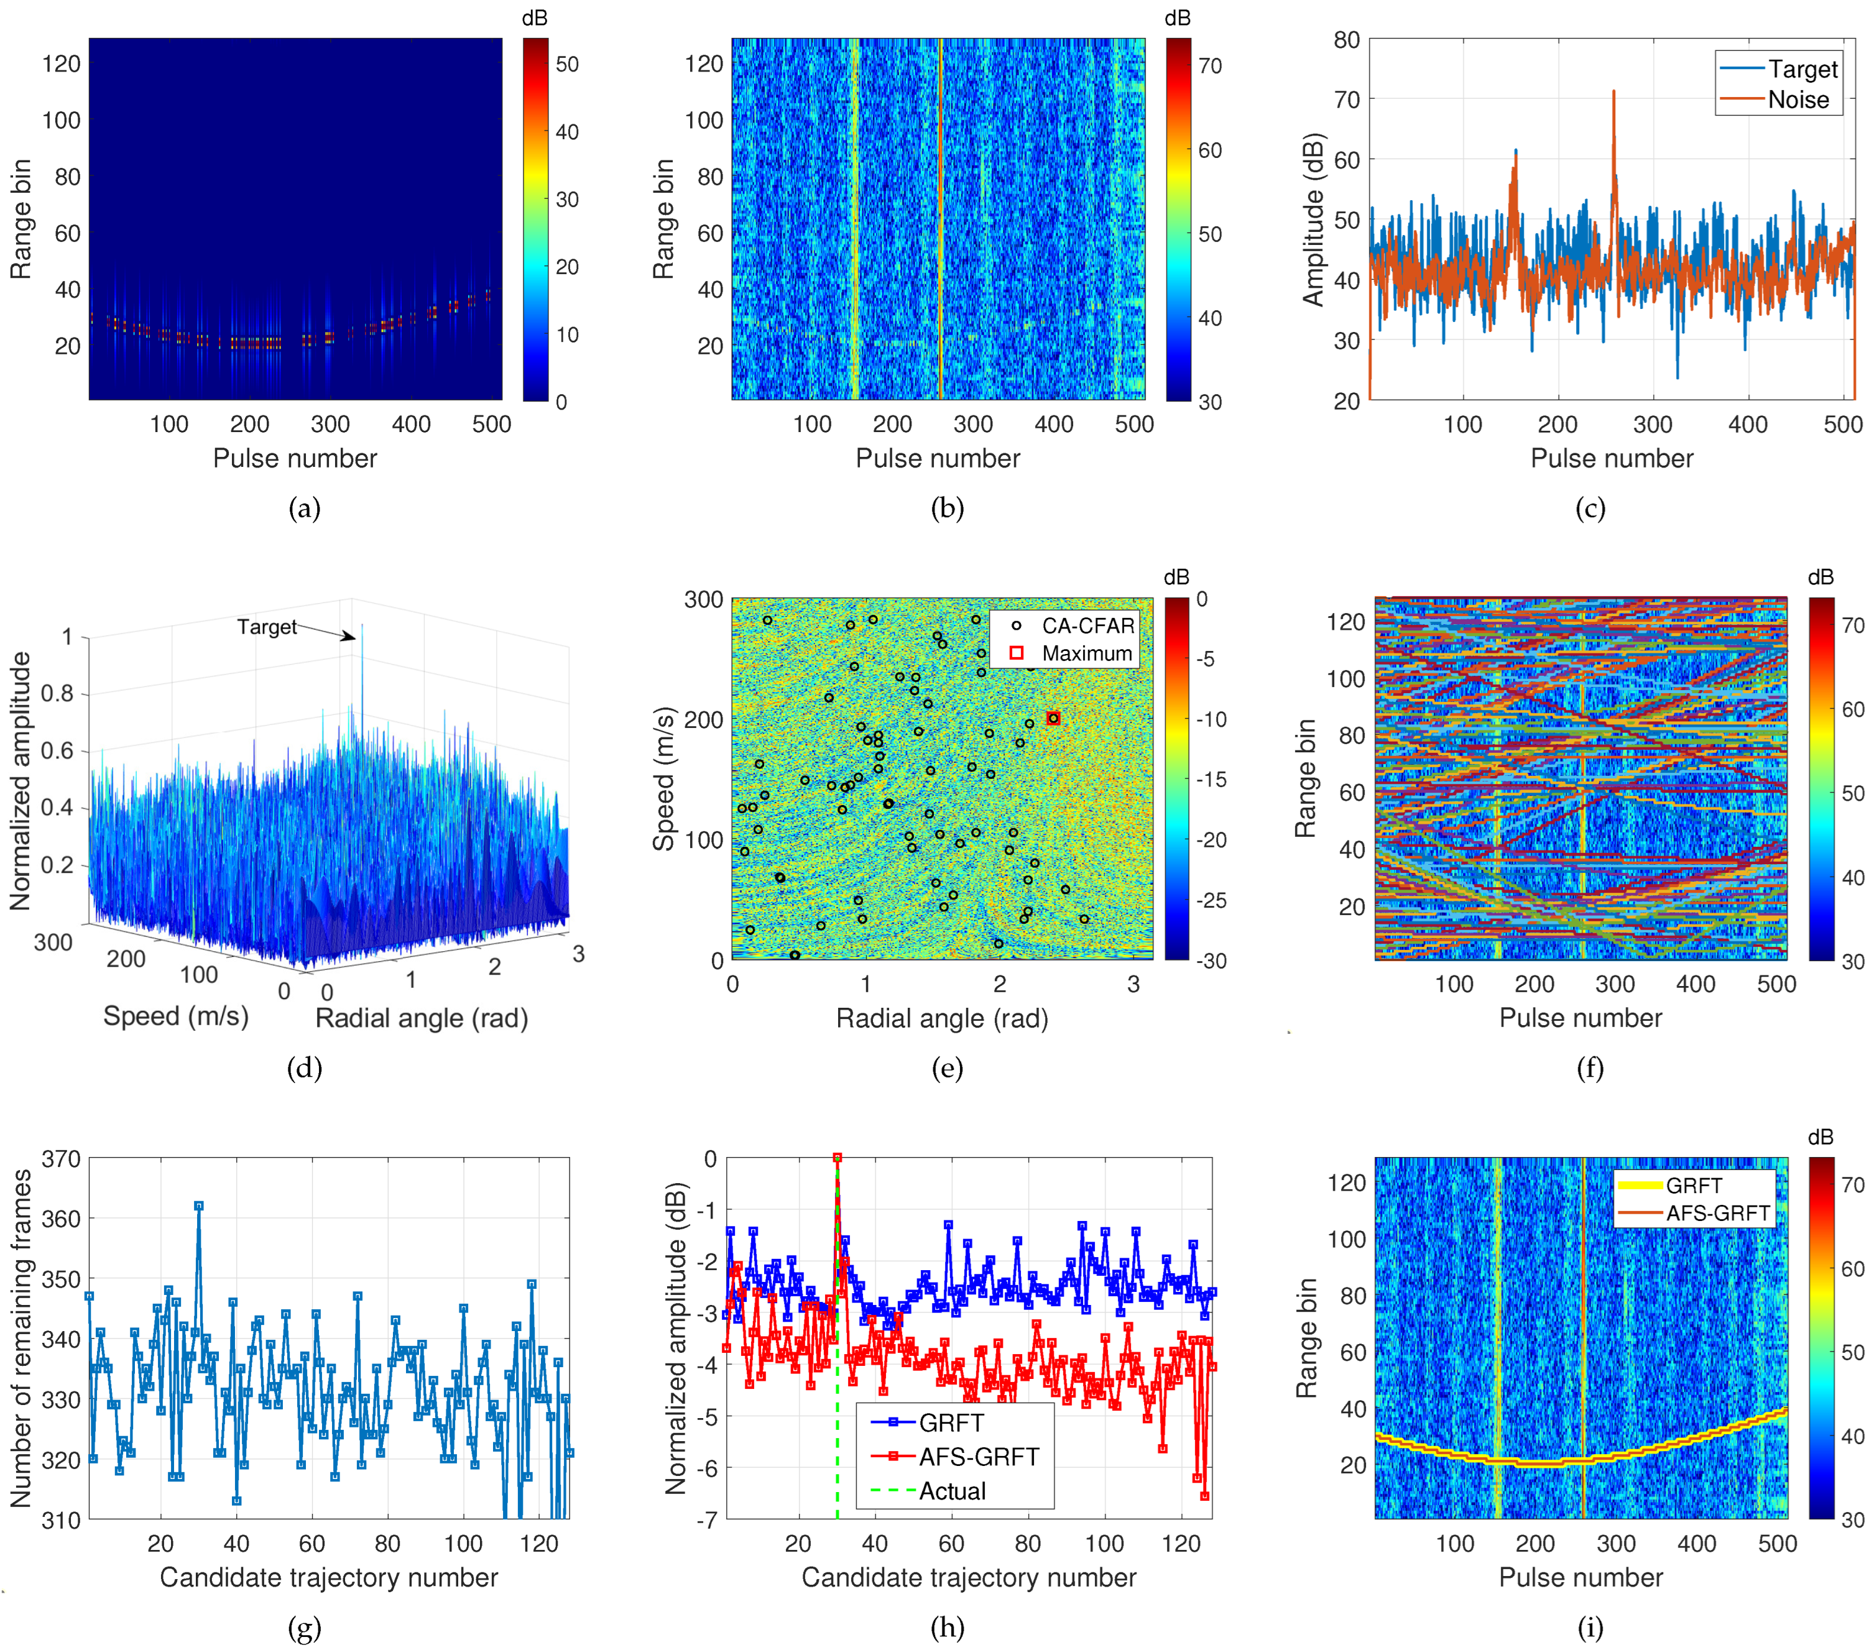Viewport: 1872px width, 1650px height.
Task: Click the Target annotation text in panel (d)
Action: (x=267, y=627)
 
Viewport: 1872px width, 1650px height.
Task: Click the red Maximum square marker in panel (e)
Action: (x=1053, y=719)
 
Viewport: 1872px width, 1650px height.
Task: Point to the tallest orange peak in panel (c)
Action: (x=1614, y=91)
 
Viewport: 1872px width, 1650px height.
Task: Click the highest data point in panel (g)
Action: (x=199, y=1206)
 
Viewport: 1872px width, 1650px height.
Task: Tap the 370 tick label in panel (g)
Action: (x=62, y=1159)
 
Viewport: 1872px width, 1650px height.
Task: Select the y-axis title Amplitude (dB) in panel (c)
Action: (x=1313, y=219)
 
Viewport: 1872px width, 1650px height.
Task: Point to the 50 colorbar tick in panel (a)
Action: (x=567, y=64)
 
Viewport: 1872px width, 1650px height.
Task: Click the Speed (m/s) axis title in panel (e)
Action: (x=663, y=779)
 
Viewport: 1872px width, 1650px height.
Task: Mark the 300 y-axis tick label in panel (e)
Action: (x=703, y=600)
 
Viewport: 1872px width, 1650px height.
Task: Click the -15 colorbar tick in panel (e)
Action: (x=1210, y=779)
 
